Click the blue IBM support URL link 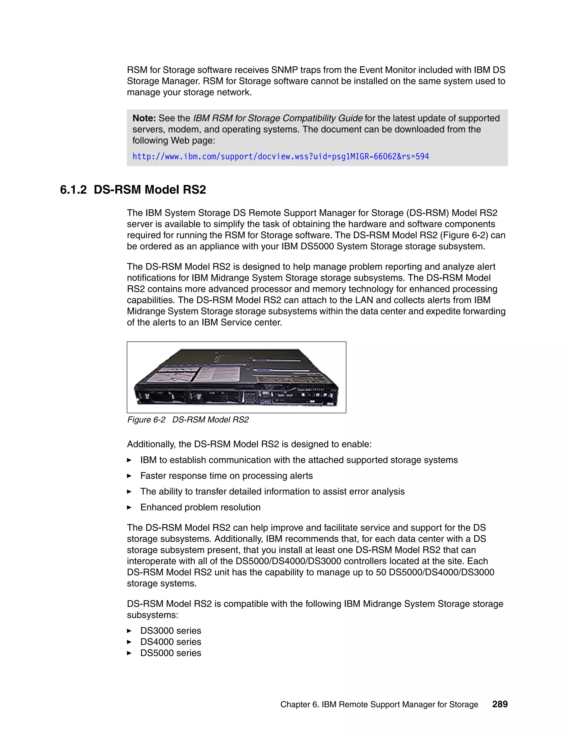(x=281, y=156)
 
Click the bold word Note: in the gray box (x=144, y=118)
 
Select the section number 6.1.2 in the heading (x=73, y=190)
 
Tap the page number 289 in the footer (x=500, y=704)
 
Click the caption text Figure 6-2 (x=146, y=420)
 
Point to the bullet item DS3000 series (x=171, y=631)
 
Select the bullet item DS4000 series (x=171, y=642)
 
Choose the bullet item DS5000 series (x=171, y=653)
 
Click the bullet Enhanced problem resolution (x=200, y=507)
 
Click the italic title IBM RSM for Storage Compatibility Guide (x=278, y=118)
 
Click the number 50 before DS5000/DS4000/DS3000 (x=381, y=572)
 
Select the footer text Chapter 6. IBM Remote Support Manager (x=379, y=704)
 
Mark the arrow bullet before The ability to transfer (x=129, y=491)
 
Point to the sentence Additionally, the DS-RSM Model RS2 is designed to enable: (x=249, y=444)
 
